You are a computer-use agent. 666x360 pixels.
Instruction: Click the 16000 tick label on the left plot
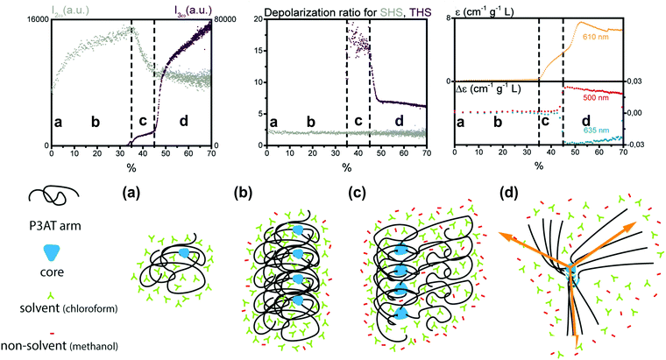[20, 19]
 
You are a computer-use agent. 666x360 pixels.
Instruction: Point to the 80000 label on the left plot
[209, 19]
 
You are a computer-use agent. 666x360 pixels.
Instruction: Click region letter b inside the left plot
[96, 120]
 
